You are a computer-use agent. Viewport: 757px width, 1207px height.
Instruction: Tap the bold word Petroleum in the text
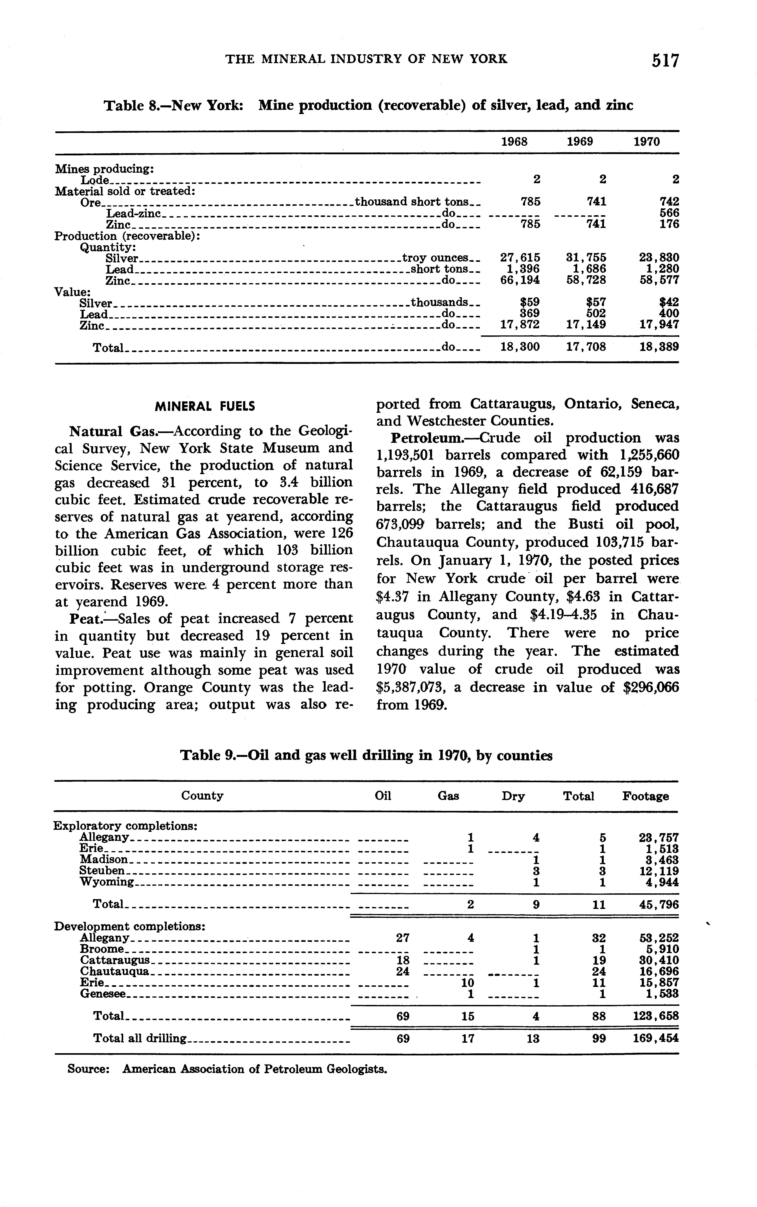click(x=426, y=438)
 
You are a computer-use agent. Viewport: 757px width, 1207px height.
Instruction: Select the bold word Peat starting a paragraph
click(x=86, y=619)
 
